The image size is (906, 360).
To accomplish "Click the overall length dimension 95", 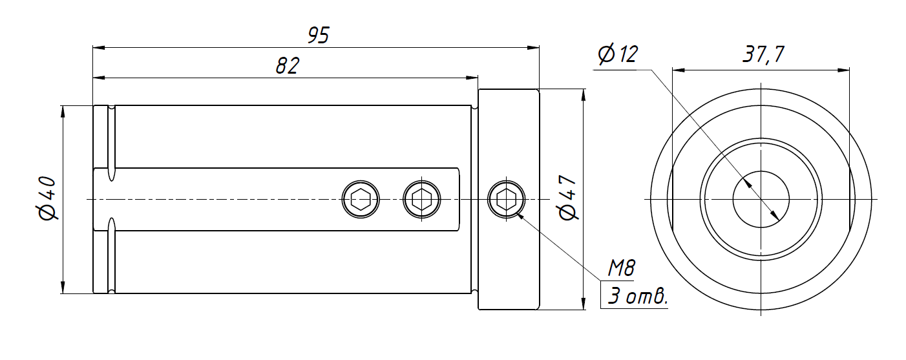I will (318, 36).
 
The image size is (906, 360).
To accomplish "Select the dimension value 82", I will (287, 66).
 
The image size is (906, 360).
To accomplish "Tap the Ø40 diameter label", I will (49, 199).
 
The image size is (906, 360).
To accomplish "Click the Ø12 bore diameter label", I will (617, 54).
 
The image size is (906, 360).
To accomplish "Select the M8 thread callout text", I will (622, 267).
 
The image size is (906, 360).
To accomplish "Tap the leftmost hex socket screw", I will (361, 199).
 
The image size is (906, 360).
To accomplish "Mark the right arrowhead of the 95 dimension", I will (533, 47).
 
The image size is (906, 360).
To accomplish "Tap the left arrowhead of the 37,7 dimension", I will (677, 70).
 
